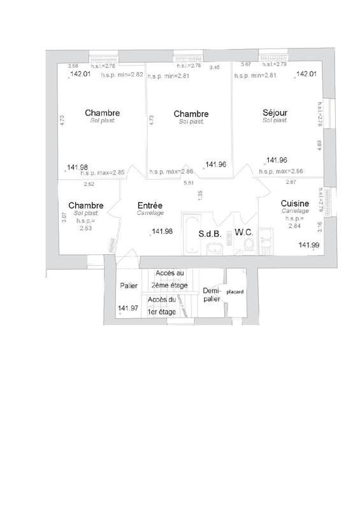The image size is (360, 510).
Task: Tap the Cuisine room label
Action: [294, 204]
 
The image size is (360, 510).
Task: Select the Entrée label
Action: [150, 205]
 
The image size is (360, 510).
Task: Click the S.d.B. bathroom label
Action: [210, 233]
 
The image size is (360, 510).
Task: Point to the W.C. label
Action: [244, 233]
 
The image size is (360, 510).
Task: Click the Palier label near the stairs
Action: [129, 286]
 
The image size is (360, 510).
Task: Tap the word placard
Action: [235, 293]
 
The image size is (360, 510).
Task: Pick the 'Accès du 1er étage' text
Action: [161, 305]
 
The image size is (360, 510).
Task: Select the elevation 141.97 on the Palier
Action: [127, 309]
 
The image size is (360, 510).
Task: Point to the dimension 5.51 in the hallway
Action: [188, 184]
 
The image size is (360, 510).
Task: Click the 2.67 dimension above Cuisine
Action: [291, 183]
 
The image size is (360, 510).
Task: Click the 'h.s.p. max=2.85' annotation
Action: [102, 172]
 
